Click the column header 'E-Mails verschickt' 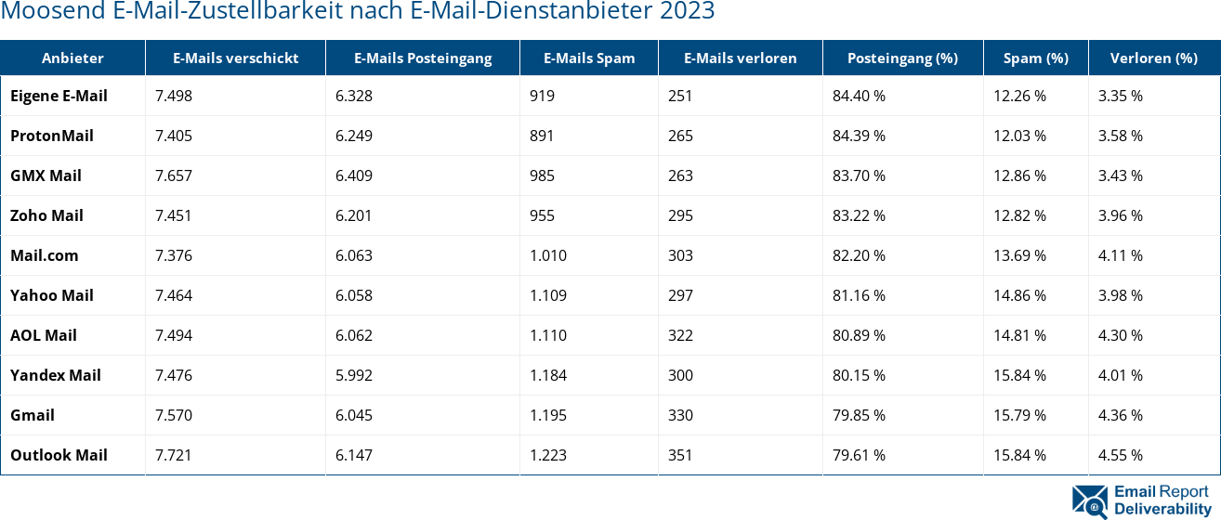pos(235,58)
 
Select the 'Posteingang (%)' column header pos(901,58)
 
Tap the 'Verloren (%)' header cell pos(1153,58)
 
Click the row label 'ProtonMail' pos(52,136)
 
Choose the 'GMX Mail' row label pos(46,175)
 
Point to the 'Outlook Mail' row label pos(59,455)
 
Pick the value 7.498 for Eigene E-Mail pos(174,96)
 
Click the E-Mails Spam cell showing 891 pos(542,136)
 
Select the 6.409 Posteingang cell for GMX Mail pos(354,175)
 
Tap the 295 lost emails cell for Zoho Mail pos(681,215)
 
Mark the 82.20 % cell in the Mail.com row pos(859,255)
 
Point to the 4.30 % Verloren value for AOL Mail pos(1120,335)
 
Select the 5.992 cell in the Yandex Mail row pos(354,375)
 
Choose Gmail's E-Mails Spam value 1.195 pos(548,415)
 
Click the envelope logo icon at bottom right pos(1090,500)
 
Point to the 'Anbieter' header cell pos(72,58)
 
